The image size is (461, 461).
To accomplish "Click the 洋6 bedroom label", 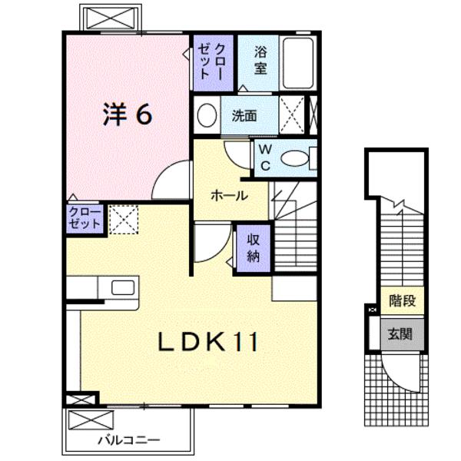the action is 128,114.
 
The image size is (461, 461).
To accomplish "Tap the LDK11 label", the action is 208,341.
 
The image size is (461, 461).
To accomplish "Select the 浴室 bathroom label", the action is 260,60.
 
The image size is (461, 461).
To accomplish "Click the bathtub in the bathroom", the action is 298,63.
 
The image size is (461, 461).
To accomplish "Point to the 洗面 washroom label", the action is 244,115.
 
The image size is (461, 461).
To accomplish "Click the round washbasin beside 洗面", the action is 207,115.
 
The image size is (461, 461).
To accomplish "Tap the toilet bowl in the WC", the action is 295,158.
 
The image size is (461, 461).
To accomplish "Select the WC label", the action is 266,158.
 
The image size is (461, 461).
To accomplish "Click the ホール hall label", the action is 230,196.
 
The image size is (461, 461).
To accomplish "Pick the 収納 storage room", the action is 254,248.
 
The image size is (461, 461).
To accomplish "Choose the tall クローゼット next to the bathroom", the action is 213,63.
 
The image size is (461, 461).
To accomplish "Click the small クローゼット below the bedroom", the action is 85,218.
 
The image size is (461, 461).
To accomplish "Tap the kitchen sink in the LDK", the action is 123,287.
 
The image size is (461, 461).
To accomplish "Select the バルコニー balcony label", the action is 129,440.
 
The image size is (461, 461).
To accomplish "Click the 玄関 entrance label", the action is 400,334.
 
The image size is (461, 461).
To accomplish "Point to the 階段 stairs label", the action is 402,300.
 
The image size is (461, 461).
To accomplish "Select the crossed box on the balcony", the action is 91,420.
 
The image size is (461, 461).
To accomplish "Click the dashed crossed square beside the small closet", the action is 124,220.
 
